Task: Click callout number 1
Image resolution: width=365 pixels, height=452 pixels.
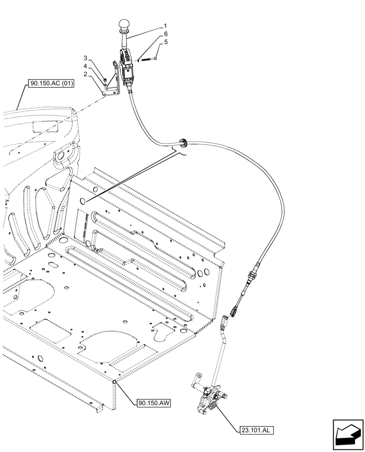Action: tap(165, 26)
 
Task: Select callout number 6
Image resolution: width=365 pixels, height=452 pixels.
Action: tap(166, 34)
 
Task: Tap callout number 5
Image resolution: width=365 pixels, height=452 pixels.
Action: tap(166, 42)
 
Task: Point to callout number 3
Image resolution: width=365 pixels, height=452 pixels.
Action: tap(85, 58)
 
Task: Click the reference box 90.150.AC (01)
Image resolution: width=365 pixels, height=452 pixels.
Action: tap(51, 83)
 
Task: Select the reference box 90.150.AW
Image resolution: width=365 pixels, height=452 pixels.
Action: tap(152, 402)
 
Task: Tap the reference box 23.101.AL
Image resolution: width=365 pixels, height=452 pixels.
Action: tap(254, 430)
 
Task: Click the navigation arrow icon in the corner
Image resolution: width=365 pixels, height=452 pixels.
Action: tap(348, 435)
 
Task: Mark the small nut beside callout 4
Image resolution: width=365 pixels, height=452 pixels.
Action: tap(103, 81)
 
